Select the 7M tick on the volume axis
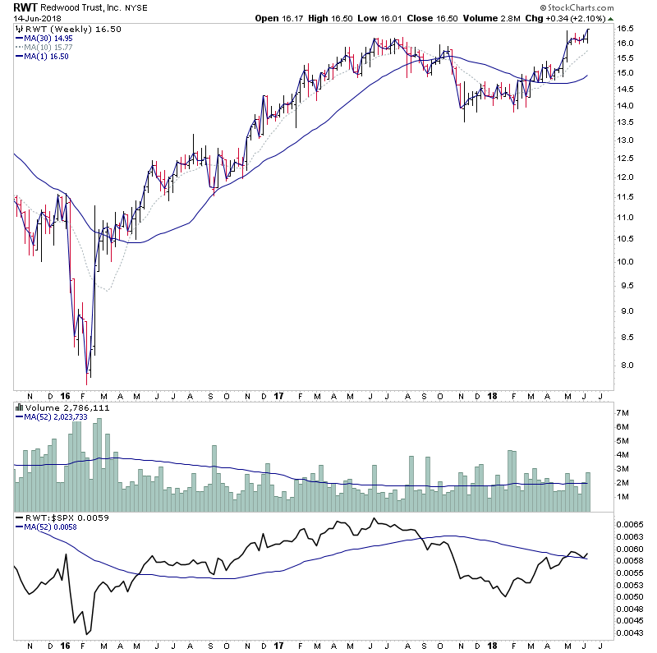coord(625,412)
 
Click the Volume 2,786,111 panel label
coord(56,407)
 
